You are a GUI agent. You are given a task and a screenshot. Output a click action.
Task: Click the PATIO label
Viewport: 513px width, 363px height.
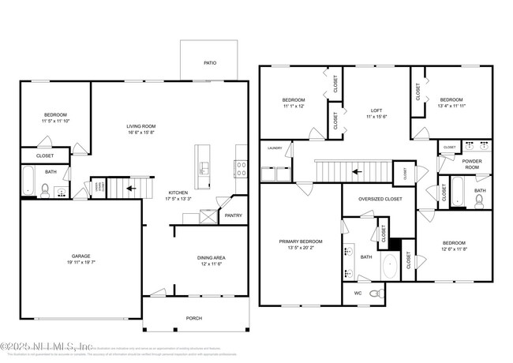[210, 63]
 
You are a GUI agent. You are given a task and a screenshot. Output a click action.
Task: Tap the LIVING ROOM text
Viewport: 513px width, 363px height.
[144, 126]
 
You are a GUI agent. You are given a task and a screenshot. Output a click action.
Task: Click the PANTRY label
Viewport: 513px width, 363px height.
[233, 215]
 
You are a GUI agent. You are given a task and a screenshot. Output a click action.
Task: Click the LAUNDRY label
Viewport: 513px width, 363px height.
[275, 148]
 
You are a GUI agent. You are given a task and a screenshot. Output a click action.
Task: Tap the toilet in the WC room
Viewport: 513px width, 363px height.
[378, 293]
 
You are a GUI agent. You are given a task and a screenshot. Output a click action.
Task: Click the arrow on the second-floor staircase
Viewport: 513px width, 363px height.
[354, 170]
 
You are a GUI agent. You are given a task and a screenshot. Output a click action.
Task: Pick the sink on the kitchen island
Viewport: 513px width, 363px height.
[204, 167]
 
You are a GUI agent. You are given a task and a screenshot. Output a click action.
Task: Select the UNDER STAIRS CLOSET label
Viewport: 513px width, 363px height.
[99, 188]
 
